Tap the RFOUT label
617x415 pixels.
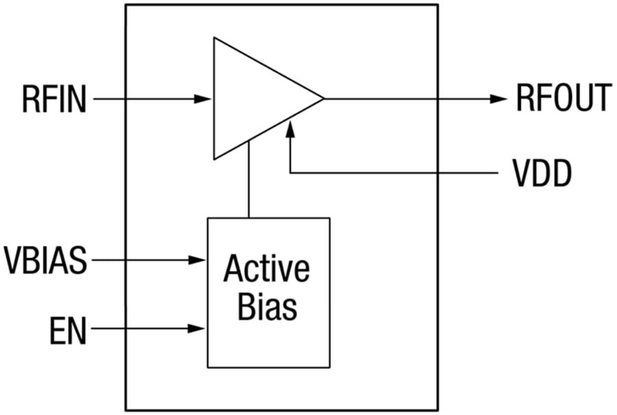563,99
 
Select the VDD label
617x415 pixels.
542,174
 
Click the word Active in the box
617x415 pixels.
267,269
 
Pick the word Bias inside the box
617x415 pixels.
267,307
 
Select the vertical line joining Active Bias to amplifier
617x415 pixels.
249,182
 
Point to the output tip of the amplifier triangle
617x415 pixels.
322,99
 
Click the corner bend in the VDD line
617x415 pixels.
291,173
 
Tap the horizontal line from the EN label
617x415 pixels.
144,329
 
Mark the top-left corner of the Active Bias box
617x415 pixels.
208,218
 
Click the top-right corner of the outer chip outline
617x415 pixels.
437,5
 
